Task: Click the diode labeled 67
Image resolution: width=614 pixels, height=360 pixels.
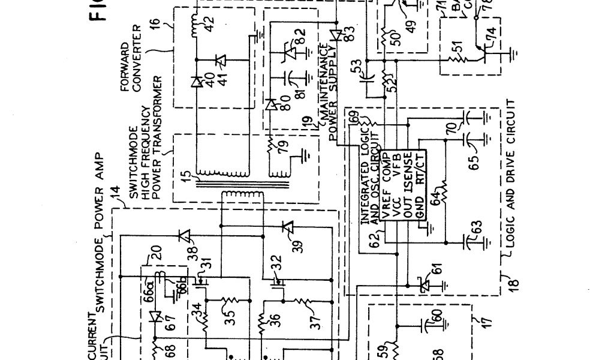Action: click(x=156, y=316)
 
